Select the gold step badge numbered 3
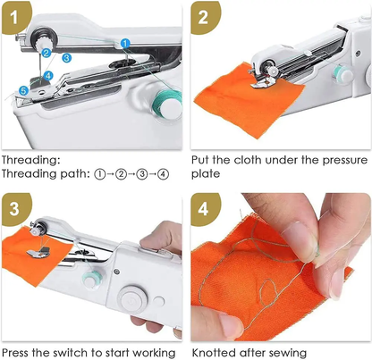[x=15, y=206]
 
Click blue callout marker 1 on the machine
[x=126, y=42]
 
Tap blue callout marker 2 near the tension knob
[x=46, y=53]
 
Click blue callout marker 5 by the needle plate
[x=22, y=90]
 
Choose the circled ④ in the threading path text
[x=162, y=174]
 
